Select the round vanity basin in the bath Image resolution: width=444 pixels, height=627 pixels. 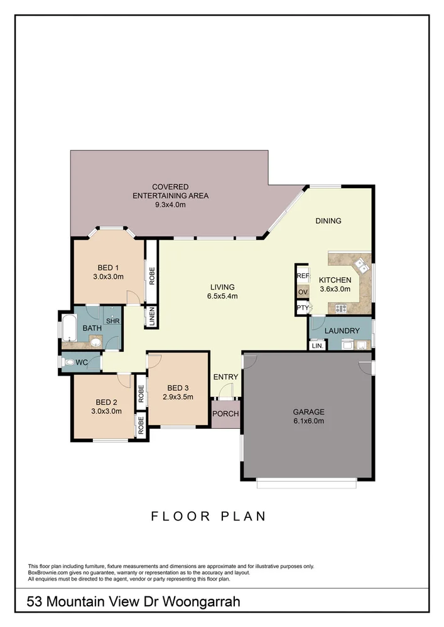point(95,341)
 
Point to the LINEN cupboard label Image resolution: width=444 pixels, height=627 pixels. point(151,316)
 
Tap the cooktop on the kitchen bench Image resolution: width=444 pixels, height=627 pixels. point(341,308)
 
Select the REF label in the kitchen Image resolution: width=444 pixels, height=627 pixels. point(303,275)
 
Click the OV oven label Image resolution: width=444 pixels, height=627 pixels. point(303,292)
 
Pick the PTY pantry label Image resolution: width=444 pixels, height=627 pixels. point(303,308)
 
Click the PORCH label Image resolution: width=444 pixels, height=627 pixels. point(225,414)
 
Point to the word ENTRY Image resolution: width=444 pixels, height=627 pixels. point(225,377)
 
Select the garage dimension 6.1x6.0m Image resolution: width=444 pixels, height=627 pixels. point(308,421)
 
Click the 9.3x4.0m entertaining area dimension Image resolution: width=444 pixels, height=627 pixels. point(170,204)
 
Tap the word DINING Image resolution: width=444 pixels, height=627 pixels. point(328,221)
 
